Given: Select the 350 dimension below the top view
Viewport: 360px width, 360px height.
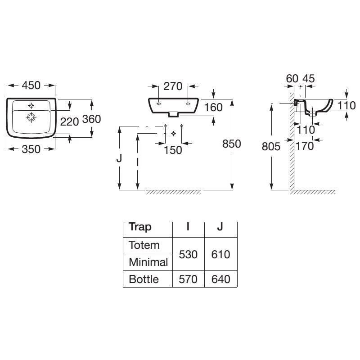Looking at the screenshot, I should (x=31, y=149).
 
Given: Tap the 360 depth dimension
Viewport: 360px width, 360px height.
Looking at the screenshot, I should (x=91, y=119).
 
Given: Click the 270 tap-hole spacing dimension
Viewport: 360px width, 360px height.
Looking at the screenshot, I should (x=173, y=85).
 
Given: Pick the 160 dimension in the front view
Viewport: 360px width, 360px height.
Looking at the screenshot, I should (x=213, y=107).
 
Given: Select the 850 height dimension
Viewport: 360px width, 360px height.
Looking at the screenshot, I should (x=232, y=144).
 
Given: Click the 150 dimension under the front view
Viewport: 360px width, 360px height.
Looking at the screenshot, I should (x=173, y=149).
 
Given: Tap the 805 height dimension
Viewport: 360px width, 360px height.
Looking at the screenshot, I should (x=271, y=146).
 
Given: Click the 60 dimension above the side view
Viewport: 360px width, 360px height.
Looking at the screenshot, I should (x=292, y=78).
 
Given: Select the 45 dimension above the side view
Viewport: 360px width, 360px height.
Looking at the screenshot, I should (x=308, y=78).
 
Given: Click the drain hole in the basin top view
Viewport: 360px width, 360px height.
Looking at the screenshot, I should (x=31, y=118).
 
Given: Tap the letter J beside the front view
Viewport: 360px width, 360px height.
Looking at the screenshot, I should (x=119, y=158).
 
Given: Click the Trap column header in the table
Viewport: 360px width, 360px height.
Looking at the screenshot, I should (x=140, y=226).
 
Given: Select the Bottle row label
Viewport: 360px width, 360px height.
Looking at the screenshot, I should (x=144, y=279).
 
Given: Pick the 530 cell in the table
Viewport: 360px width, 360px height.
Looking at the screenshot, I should (x=188, y=254).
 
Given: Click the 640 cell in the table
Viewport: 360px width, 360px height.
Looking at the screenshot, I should (x=220, y=279).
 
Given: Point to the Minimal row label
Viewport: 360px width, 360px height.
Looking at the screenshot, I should (x=148, y=262).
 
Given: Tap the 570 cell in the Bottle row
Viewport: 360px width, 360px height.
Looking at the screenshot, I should (x=188, y=279).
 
